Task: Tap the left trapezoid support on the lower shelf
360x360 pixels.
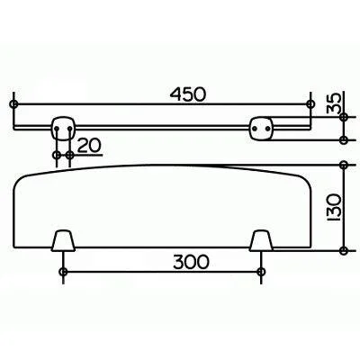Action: [62, 240]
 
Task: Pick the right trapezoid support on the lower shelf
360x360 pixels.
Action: [261, 240]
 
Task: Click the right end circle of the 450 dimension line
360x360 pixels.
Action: [311, 105]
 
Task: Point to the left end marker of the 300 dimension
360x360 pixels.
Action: [62, 271]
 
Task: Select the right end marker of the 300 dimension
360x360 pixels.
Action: [261, 271]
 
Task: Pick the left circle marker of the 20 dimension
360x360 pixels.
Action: [57, 155]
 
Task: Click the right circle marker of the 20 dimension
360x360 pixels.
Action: [70, 155]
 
